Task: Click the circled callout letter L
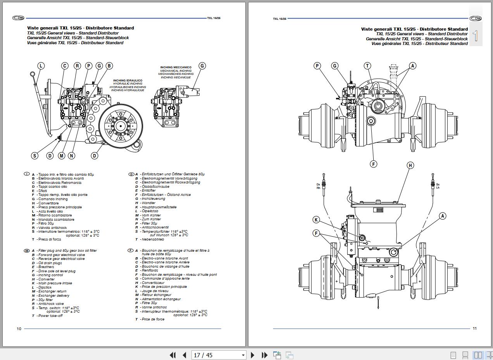[x=41, y=66]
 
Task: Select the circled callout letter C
[x=65, y=66]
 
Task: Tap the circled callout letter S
[x=34, y=156]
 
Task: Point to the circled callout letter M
[x=61, y=156]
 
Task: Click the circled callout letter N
[x=71, y=156]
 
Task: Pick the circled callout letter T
[x=367, y=66]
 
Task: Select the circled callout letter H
[x=410, y=165]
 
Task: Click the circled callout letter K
[x=316, y=220]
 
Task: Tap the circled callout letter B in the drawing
[x=109, y=66]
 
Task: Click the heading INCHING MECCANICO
[x=176, y=67]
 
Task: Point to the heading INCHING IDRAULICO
[x=128, y=81]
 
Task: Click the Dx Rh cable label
[x=318, y=186]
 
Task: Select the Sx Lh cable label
[x=438, y=186]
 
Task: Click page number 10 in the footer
[x=19, y=329]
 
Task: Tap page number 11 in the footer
[x=474, y=329]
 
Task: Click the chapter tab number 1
[x=476, y=36]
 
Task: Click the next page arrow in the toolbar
[x=253, y=355]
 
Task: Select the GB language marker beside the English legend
[x=27, y=251]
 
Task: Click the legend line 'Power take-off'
[x=50, y=316]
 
